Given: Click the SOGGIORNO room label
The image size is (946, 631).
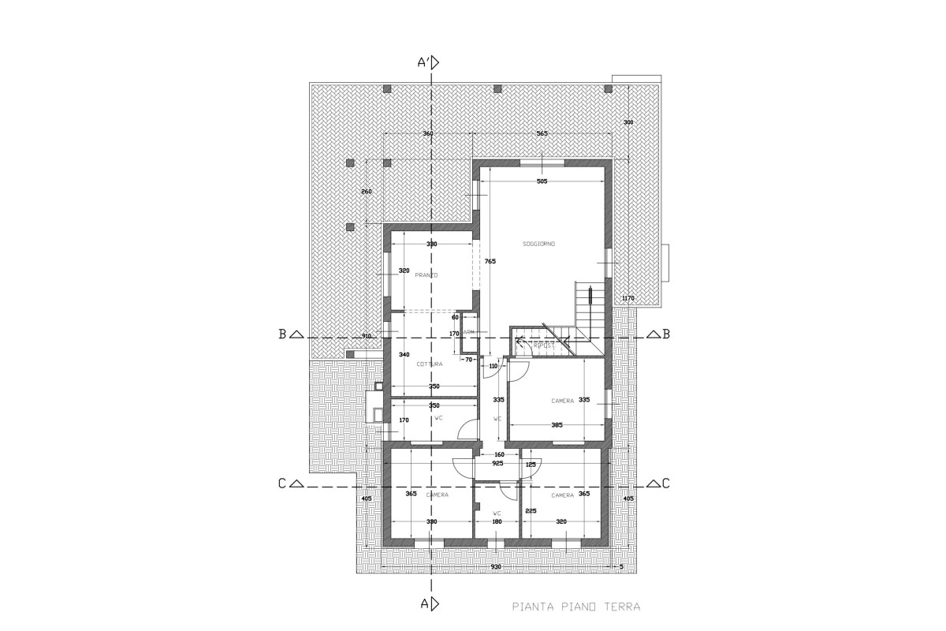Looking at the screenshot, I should (539, 245).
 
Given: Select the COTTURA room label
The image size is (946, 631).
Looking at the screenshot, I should (430, 364).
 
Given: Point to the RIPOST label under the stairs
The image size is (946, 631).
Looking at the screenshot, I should (544, 345).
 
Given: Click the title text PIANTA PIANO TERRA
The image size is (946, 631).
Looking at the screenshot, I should (575, 607).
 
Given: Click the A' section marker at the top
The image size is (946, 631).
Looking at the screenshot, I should (427, 62).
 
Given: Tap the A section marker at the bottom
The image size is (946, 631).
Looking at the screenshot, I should (428, 604).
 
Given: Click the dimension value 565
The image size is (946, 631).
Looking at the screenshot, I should (542, 133).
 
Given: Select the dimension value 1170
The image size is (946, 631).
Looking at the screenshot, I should (628, 298).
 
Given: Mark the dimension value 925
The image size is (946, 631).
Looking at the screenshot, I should (497, 464).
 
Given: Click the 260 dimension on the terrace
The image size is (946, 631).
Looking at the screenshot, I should (366, 192).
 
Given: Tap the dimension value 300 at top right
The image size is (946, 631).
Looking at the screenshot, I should (628, 122).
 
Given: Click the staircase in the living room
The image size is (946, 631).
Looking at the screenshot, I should (589, 308).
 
